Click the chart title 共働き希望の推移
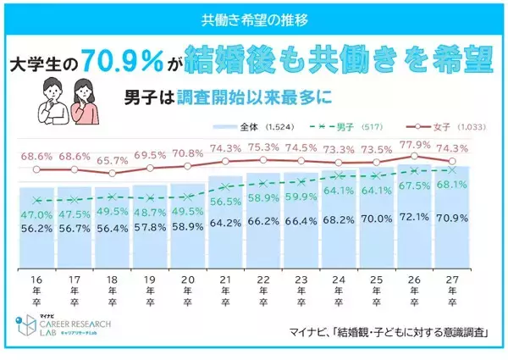tap(254, 17)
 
